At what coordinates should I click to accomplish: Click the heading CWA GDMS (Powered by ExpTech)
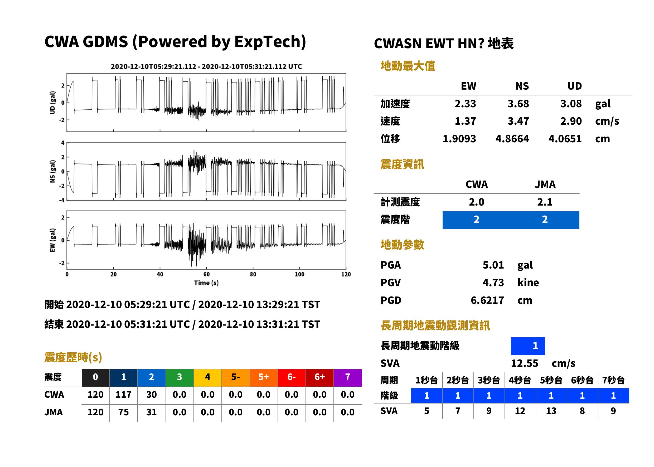(175, 42)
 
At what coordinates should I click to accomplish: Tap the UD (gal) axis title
(52, 103)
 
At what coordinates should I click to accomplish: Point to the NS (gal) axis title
(52, 171)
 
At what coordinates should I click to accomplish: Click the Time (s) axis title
(206, 283)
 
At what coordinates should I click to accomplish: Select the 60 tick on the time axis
(206, 274)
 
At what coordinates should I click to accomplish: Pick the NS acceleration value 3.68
(518, 104)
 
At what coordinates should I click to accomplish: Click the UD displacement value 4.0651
(565, 139)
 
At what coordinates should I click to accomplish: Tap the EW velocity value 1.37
(465, 121)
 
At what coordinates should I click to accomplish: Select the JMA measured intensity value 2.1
(545, 202)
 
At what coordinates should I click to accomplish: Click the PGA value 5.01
(493, 265)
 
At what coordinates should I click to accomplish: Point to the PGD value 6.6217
(487, 300)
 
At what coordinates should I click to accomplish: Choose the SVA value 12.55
(524, 363)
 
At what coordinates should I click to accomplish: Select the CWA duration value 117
(123, 395)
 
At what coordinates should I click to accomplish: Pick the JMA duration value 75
(123, 412)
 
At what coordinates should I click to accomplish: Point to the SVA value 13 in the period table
(551, 411)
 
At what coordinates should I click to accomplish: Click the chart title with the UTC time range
(206, 67)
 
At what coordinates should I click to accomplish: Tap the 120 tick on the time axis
(346, 274)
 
